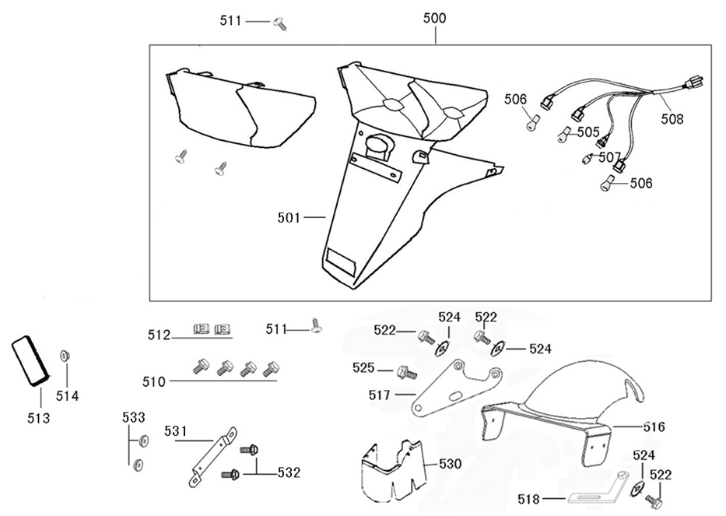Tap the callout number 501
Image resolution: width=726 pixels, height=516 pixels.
pos(289,218)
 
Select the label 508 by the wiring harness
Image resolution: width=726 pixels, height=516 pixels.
pos(672,119)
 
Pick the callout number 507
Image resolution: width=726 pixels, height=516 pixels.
pos(610,157)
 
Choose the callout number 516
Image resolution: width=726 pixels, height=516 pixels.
pos(654,427)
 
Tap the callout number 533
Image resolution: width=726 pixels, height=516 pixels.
pos(133,418)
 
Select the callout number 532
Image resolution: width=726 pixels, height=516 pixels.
pos(288,472)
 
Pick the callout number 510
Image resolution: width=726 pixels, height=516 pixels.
pos(153,381)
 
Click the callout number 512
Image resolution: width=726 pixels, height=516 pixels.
pos(159,335)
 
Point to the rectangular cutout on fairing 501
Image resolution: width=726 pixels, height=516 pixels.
pos(340,261)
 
